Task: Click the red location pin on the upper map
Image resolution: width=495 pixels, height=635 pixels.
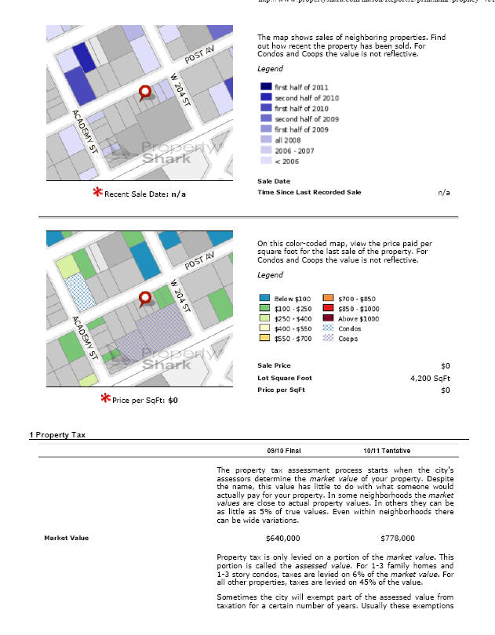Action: pos(145,94)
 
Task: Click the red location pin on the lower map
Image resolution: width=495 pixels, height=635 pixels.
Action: pos(145,299)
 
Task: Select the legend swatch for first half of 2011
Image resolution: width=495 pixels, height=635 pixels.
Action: pos(266,87)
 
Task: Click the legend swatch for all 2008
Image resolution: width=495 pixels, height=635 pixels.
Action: pos(266,140)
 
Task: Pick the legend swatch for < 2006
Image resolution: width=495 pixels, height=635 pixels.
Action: pos(266,161)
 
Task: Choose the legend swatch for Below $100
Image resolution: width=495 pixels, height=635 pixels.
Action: pos(265,299)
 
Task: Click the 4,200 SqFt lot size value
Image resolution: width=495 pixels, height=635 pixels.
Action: pos(430,378)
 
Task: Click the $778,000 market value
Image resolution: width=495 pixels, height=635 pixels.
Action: pos(398,539)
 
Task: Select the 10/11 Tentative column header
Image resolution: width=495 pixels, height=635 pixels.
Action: pos(387,451)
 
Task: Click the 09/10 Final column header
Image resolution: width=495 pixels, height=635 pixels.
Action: pos(283,451)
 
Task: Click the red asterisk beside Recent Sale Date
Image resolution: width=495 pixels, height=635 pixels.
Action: pos(97,192)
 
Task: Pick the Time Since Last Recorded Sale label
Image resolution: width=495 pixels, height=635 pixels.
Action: pos(309,192)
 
